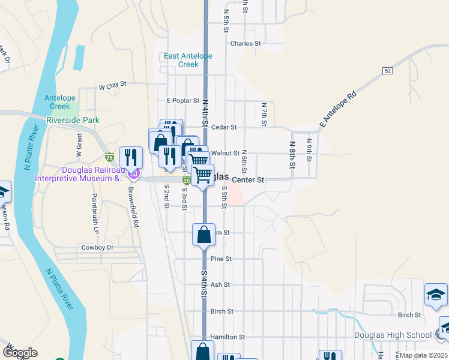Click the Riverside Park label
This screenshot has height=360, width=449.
click(x=73, y=120)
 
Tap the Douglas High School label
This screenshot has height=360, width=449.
click(x=400, y=335)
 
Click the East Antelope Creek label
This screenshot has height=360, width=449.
click(x=189, y=60)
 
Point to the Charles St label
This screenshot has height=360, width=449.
click(x=246, y=44)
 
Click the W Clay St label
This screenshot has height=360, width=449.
click(x=113, y=86)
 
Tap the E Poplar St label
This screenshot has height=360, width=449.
click(x=182, y=101)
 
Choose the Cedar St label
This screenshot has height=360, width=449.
click(x=225, y=127)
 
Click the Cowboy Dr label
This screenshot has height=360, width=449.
click(x=97, y=247)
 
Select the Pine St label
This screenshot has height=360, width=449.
click(x=221, y=259)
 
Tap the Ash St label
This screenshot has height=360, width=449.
click(x=220, y=285)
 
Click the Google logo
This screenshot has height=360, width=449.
click(x=20, y=353)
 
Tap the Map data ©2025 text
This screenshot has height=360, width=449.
click(x=423, y=355)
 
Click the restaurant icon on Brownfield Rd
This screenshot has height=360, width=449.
click(x=131, y=158)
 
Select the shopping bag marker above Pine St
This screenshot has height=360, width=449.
click(x=203, y=235)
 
